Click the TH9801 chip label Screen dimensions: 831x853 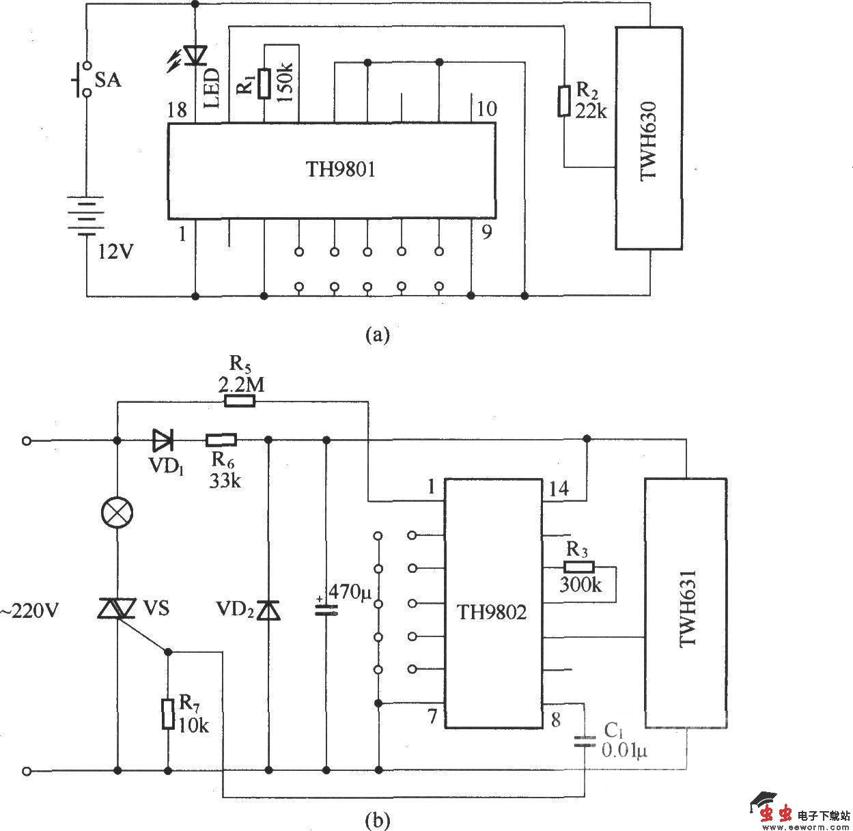[341, 169]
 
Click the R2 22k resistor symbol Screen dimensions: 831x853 [563, 101]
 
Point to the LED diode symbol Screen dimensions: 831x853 [196, 55]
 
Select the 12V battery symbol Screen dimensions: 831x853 [85, 214]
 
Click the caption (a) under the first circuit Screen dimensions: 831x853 [378, 335]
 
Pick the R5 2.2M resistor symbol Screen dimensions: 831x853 [240, 402]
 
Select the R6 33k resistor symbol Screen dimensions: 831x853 [221, 440]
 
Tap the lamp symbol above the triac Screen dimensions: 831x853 [117, 511]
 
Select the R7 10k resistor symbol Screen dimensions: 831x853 [168, 714]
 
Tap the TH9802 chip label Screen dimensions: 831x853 [492, 612]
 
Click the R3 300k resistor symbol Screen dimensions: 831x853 [579, 567]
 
